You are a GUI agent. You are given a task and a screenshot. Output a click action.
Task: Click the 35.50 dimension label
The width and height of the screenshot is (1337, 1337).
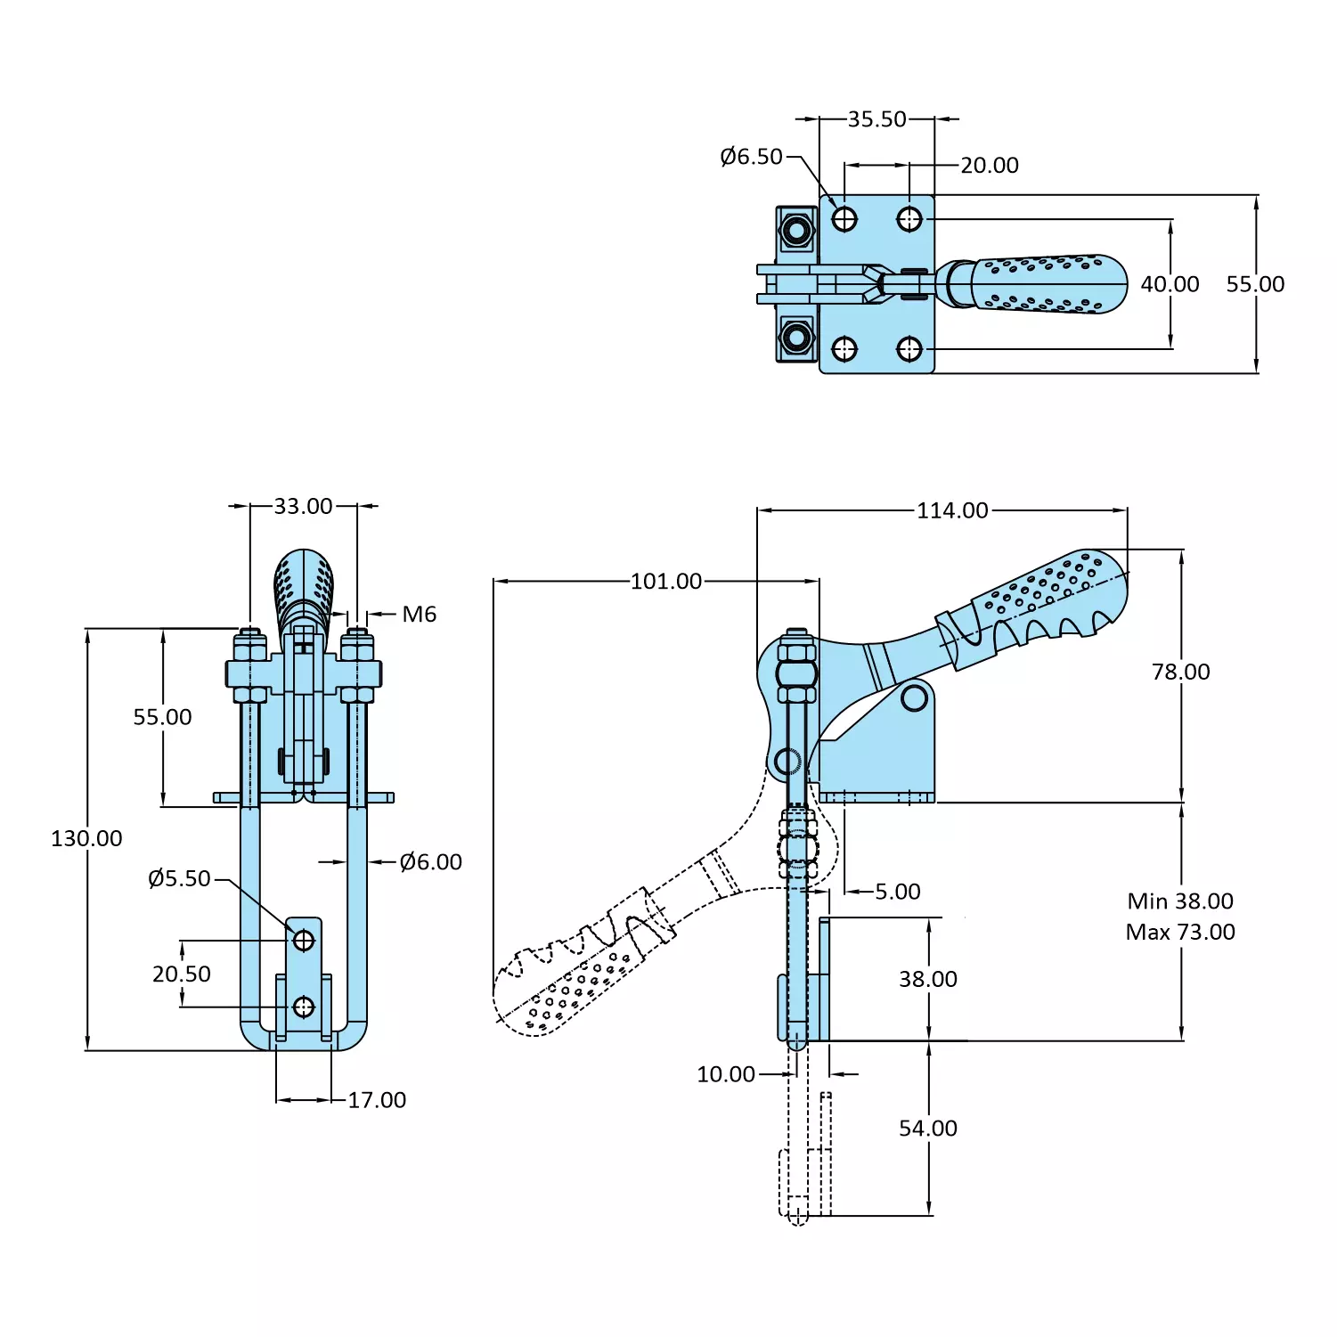coord(876,119)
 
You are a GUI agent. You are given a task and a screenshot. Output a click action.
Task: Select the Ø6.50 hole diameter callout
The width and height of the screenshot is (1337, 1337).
coord(751,157)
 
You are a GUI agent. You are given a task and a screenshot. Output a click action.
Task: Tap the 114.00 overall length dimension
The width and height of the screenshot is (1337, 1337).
coord(952,510)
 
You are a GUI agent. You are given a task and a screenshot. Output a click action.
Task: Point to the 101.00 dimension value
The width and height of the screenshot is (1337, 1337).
coord(666,582)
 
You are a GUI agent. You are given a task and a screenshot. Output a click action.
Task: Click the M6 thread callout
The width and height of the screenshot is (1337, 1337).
coord(419,615)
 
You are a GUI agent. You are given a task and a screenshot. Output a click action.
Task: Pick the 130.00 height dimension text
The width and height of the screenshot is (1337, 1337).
coord(86,838)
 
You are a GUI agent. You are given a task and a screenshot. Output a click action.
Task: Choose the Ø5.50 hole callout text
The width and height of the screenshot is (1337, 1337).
coord(179,879)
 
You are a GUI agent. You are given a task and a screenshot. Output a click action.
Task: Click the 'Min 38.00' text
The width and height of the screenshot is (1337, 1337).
coord(1180,901)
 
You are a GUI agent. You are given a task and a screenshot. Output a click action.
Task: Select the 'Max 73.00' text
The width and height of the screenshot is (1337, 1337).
coord(1180,933)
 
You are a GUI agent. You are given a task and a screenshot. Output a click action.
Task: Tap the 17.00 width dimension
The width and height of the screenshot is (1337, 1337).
coord(377,1100)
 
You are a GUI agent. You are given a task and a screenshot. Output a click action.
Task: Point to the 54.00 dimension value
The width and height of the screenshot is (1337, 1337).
coord(927,1129)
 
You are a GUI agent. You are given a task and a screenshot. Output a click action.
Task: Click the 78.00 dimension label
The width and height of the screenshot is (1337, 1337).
coord(1180,672)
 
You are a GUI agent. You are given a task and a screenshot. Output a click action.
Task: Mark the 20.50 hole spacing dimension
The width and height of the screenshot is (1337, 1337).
coord(182,974)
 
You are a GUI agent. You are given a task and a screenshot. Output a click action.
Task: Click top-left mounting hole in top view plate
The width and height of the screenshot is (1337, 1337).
coord(844,219)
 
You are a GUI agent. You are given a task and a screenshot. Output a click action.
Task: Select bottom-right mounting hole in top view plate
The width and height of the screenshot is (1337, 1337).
coord(909,349)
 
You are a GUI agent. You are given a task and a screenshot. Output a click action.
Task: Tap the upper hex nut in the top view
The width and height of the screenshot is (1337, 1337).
coord(796,231)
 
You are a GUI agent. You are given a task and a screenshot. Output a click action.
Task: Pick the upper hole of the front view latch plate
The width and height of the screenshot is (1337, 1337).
coord(304,941)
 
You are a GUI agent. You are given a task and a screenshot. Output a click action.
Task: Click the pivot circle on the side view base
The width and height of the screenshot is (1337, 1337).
coord(915,697)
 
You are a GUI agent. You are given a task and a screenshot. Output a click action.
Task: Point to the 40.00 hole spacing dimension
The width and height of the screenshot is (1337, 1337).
coord(1170,284)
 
